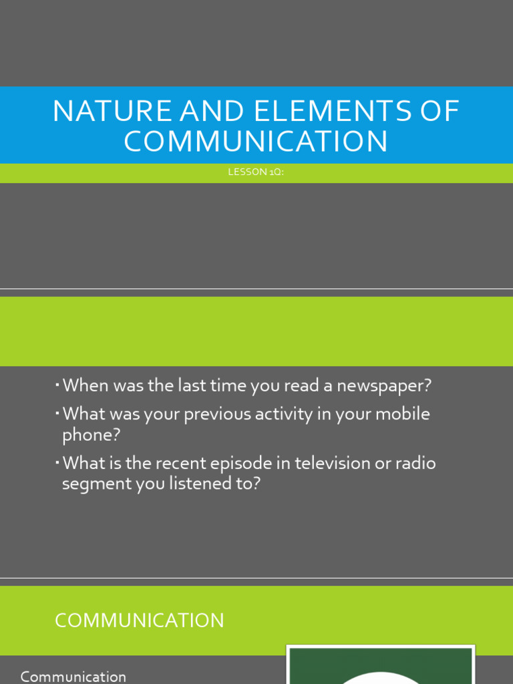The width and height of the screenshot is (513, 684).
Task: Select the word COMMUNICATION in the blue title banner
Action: pos(256,141)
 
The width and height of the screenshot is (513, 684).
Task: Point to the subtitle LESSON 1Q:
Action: pos(256,172)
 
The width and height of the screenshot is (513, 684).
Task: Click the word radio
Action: pos(415,463)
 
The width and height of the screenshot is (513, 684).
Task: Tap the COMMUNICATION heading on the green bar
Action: pos(139,621)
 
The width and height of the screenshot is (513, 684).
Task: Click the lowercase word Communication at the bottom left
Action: pos(73,677)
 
